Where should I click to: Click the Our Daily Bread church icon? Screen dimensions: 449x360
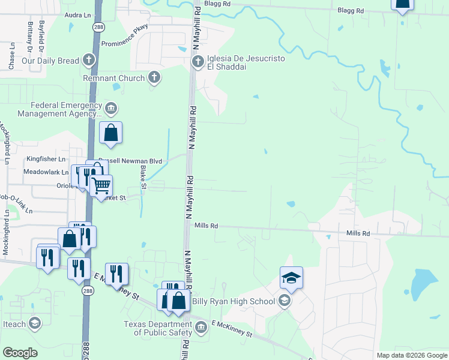pos(89,60)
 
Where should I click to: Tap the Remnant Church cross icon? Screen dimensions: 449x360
pos(154,77)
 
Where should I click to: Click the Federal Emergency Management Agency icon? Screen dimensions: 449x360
pos(111,109)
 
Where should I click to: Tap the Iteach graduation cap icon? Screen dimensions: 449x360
pos(35,323)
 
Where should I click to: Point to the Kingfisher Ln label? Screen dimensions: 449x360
pos(46,159)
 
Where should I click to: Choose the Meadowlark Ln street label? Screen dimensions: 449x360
pos(46,172)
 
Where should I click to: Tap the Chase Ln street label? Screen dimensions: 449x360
pos(11,58)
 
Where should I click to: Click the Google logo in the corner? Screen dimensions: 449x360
pos(20,353)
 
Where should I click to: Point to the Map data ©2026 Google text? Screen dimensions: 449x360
pos(412,355)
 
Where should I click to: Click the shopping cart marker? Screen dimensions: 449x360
pos(101,185)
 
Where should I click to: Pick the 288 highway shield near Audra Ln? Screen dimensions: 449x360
pos(96,27)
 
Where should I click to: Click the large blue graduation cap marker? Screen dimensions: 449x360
pos(291,278)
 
